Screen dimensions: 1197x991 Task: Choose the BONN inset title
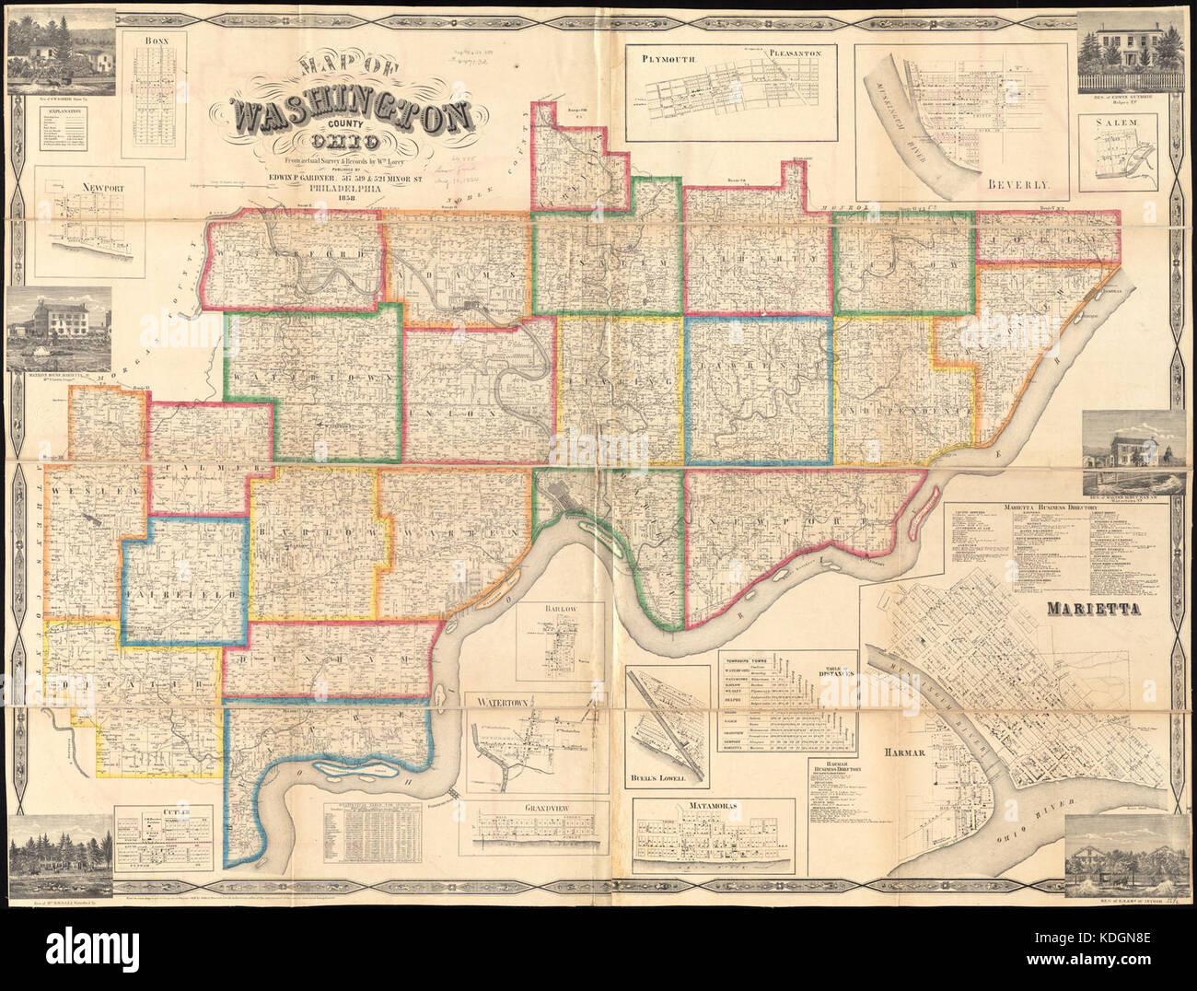158,41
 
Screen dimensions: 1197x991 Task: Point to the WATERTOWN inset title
498,702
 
